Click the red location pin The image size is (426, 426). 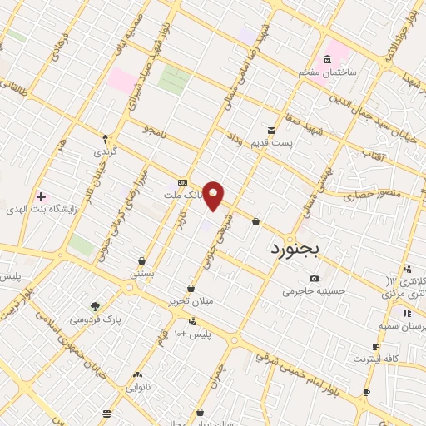tap(214, 196)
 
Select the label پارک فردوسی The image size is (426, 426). tap(95, 319)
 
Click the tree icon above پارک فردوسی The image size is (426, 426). tap(95, 305)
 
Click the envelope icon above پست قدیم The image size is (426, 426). tap(271, 130)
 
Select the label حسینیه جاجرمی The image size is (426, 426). tap(313, 291)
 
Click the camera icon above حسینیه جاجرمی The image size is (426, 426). tap(313, 278)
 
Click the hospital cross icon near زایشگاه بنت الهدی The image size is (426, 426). tap(40, 197)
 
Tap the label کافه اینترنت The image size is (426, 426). tap(376, 359)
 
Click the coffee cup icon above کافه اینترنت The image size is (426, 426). tap(376, 346)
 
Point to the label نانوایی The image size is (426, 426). tap(138, 387)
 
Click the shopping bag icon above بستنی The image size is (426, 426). tap(141, 260)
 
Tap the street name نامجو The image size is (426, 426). tap(155, 131)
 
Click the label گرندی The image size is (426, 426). tap(106, 153)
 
